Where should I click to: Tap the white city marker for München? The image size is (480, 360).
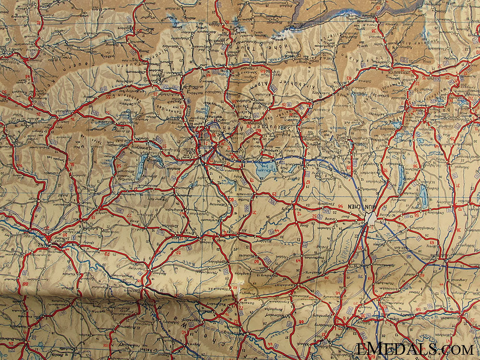(x=370, y=219)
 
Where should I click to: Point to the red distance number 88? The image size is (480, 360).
(x=24, y=284)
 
